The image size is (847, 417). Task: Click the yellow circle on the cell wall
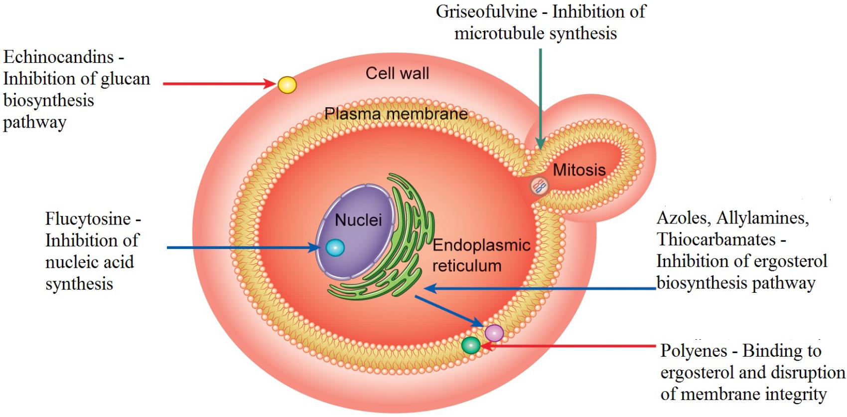[287, 85]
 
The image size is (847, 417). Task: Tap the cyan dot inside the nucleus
[335, 247]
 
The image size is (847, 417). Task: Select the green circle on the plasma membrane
[470, 345]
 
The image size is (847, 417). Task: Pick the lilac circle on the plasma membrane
[494, 333]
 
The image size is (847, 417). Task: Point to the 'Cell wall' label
[397, 73]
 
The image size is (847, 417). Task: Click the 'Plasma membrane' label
[396, 114]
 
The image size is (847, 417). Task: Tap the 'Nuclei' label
[358, 219]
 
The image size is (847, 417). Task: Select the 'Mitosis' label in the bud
[579, 170]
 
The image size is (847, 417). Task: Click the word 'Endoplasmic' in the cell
[481, 245]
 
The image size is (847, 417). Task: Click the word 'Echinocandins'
[59, 57]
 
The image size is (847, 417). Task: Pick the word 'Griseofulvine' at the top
[486, 11]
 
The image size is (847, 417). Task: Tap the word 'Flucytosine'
[88, 218]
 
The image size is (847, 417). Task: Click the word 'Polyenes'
[694, 351]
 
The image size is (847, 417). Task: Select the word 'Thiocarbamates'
[716, 239]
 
